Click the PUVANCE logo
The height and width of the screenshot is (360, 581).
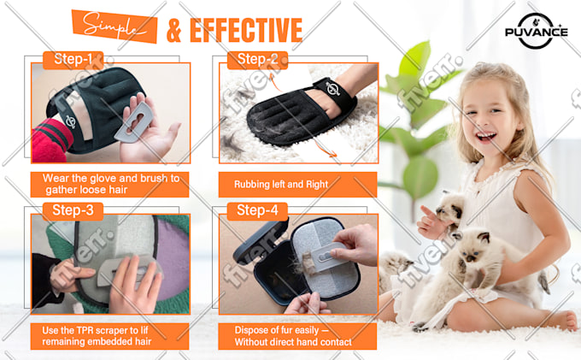coord(536,31)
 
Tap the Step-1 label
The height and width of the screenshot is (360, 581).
coord(73,60)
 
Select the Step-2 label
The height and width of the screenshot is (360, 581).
coord(257,60)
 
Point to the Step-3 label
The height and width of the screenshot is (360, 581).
coord(73,210)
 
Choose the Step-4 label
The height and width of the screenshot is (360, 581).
coord(257,210)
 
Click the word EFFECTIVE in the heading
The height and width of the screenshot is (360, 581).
coord(246,30)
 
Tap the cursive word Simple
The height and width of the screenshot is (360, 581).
coord(114,26)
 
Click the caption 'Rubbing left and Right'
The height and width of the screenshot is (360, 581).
coord(281,184)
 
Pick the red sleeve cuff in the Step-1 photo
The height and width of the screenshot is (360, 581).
coord(50,141)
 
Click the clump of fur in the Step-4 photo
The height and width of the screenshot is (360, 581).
coord(308,263)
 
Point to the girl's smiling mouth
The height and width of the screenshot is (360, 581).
coord(486,137)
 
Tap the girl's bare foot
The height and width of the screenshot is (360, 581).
coord(564,320)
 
